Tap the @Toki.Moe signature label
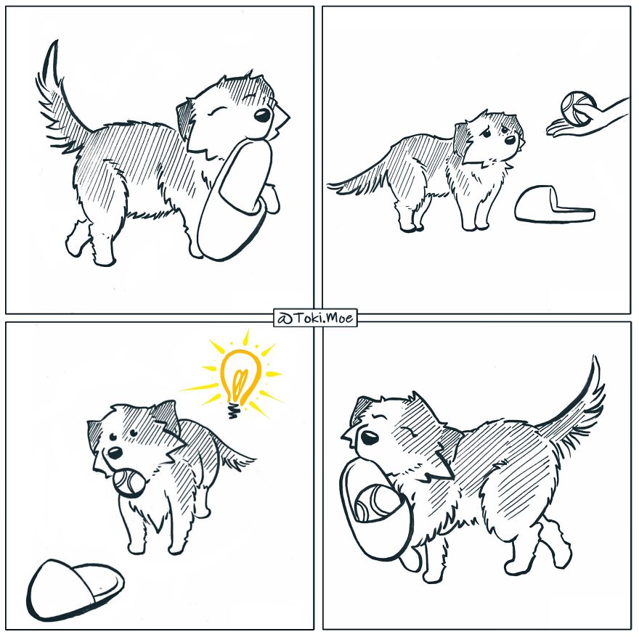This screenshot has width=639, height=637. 315,318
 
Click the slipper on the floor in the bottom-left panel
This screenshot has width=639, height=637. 73,589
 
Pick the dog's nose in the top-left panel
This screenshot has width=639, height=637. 262,116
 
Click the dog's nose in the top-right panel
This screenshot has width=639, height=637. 511,139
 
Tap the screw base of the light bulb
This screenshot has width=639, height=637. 233,411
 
